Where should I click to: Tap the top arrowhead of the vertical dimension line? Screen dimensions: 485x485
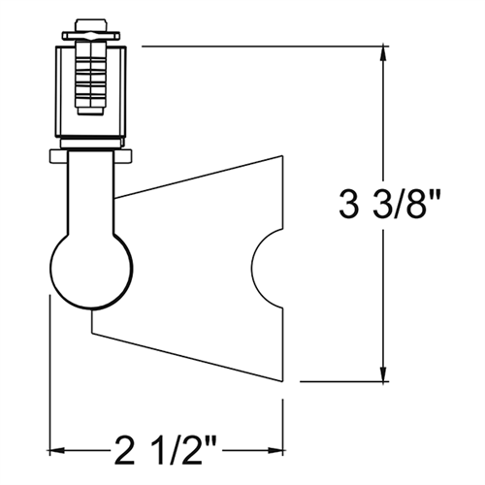(x=386, y=52)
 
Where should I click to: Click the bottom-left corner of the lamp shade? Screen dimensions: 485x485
(x=91, y=335)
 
